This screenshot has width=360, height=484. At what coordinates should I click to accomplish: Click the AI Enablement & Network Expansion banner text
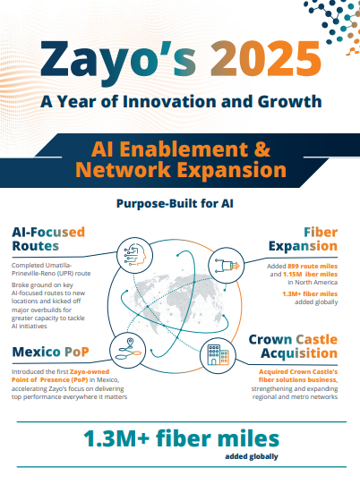click(181, 157)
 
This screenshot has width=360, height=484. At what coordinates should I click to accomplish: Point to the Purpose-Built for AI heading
click(179, 203)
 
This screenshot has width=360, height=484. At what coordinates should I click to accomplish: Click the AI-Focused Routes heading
click(48, 239)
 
